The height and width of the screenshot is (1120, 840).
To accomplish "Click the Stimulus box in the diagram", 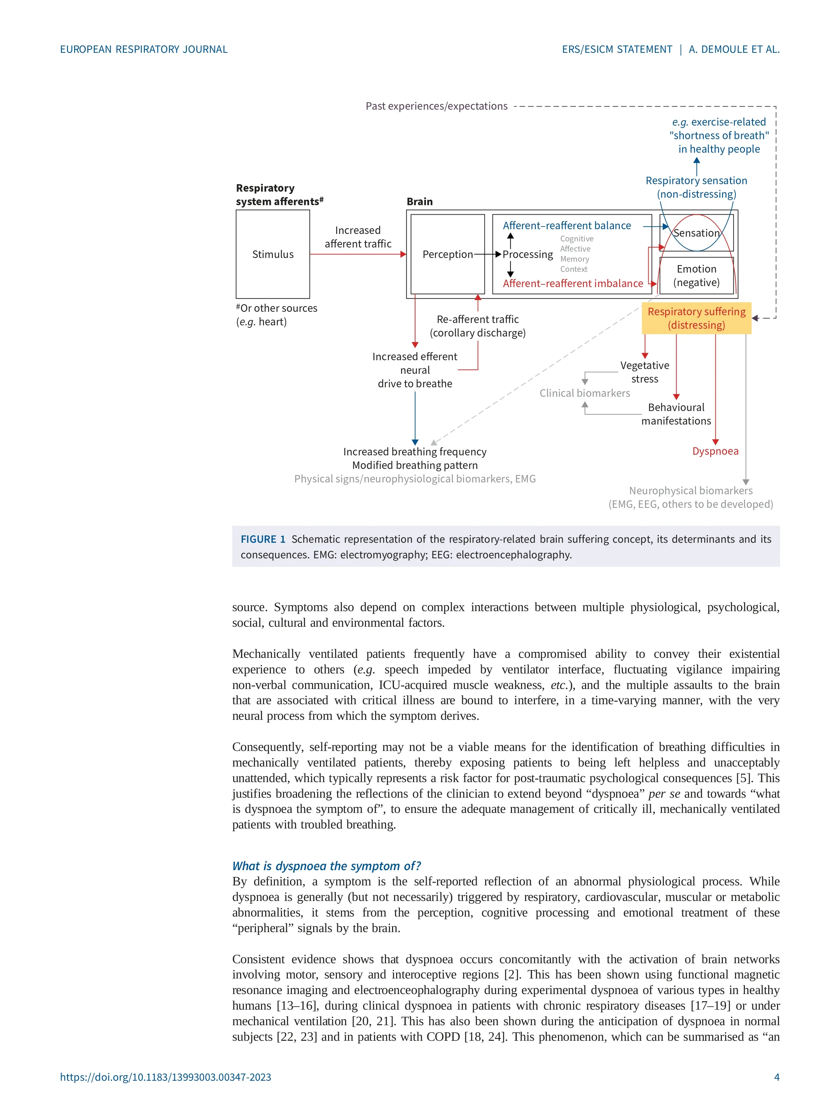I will pos(273,254).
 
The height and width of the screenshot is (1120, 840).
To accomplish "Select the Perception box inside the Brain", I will pos(447,254).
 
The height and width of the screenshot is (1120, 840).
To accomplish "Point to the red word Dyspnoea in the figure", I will pos(715,451).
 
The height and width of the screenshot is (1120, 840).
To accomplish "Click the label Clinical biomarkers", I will pos(584,393).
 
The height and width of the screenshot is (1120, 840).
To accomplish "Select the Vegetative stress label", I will pos(645,372).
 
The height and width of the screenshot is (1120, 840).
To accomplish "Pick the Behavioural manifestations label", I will pos(676,414).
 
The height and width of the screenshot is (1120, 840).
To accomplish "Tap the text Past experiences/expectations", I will pos(436,106).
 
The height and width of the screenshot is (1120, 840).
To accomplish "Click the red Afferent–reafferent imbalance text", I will pos(573,283).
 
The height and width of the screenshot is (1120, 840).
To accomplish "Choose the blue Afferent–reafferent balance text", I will pos(566,226).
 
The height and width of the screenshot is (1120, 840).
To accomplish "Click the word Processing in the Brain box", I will pos(527,255).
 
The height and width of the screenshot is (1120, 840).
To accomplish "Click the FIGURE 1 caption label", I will pos(263,539).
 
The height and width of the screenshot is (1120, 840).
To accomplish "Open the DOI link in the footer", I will pos(166,1077).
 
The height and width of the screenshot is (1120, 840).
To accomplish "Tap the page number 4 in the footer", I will pos(776,1077).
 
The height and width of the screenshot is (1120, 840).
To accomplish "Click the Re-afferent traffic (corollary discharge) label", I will pos(477,326).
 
